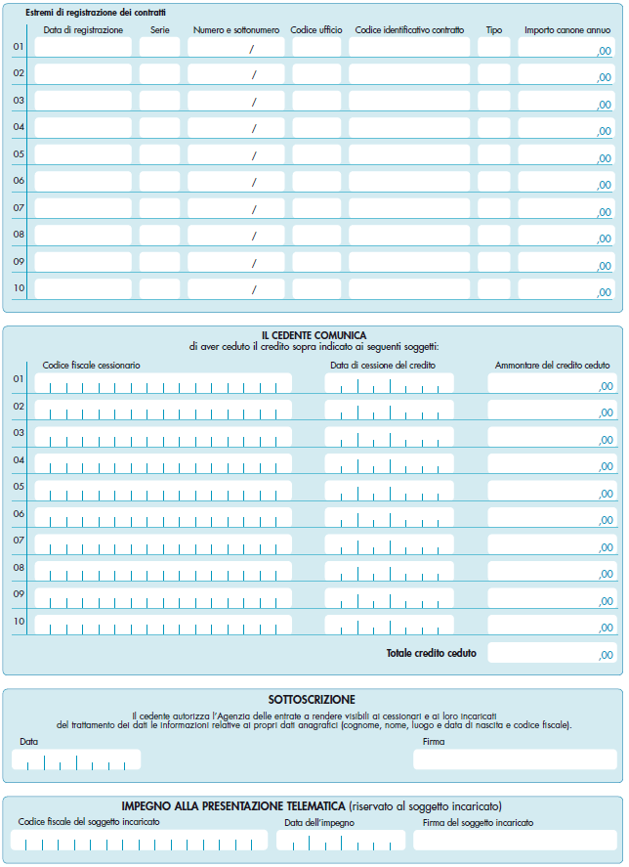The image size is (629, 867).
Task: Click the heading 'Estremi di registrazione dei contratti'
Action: [x=96, y=12]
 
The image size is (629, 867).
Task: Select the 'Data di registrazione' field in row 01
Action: [x=83, y=47]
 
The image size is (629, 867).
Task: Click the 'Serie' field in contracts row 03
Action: [x=159, y=101]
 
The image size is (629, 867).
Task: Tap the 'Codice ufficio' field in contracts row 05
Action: [x=316, y=154]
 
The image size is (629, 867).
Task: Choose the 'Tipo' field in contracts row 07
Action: [x=494, y=208]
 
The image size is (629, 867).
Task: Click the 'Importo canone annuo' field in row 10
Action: [x=566, y=289]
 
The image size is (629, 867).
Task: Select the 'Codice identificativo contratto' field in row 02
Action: [x=409, y=73]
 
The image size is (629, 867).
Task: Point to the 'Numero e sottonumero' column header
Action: [x=235, y=30]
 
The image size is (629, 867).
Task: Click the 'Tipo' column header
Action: [x=494, y=30]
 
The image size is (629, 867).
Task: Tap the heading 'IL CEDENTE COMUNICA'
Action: [x=314, y=335]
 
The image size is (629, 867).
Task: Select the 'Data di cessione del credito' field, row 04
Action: [x=389, y=463]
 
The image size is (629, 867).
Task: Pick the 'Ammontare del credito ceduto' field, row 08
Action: [x=552, y=571]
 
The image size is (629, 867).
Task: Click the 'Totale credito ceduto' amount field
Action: [x=552, y=653]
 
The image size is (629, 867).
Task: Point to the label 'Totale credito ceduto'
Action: [x=431, y=653]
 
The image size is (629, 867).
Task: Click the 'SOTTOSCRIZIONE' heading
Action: [x=312, y=700]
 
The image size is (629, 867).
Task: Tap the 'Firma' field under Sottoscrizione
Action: [x=515, y=759]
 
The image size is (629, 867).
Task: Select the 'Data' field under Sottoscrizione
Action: [x=79, y=759]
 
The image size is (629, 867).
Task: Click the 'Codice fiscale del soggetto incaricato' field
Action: [x=139, y=841]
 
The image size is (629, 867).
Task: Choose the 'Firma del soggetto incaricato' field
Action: [x=515, y=841]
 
